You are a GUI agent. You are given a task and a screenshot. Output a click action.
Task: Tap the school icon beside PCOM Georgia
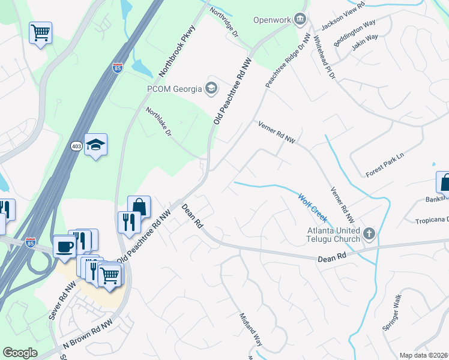tap(211, 89)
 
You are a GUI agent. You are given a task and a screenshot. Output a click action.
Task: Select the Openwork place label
tap(271, 19)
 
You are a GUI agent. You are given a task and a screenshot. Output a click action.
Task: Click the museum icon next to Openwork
tap(298, 19)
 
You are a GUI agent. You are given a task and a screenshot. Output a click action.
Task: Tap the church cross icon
tap(369, 232)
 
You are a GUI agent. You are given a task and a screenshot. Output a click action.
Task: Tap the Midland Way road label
tap(251, 330)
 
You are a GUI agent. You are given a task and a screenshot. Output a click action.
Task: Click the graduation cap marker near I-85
tap(95, 145)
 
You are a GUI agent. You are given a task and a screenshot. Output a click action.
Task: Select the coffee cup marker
tap(65, 246)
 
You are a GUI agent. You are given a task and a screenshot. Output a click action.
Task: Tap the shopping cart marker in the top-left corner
tap(40, 32)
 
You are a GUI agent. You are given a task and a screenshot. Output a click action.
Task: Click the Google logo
tap(20, 353)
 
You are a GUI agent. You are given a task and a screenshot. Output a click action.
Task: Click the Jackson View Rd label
tap(343, 16)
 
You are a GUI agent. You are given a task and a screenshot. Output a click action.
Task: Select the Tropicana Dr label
tap(432, 220)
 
